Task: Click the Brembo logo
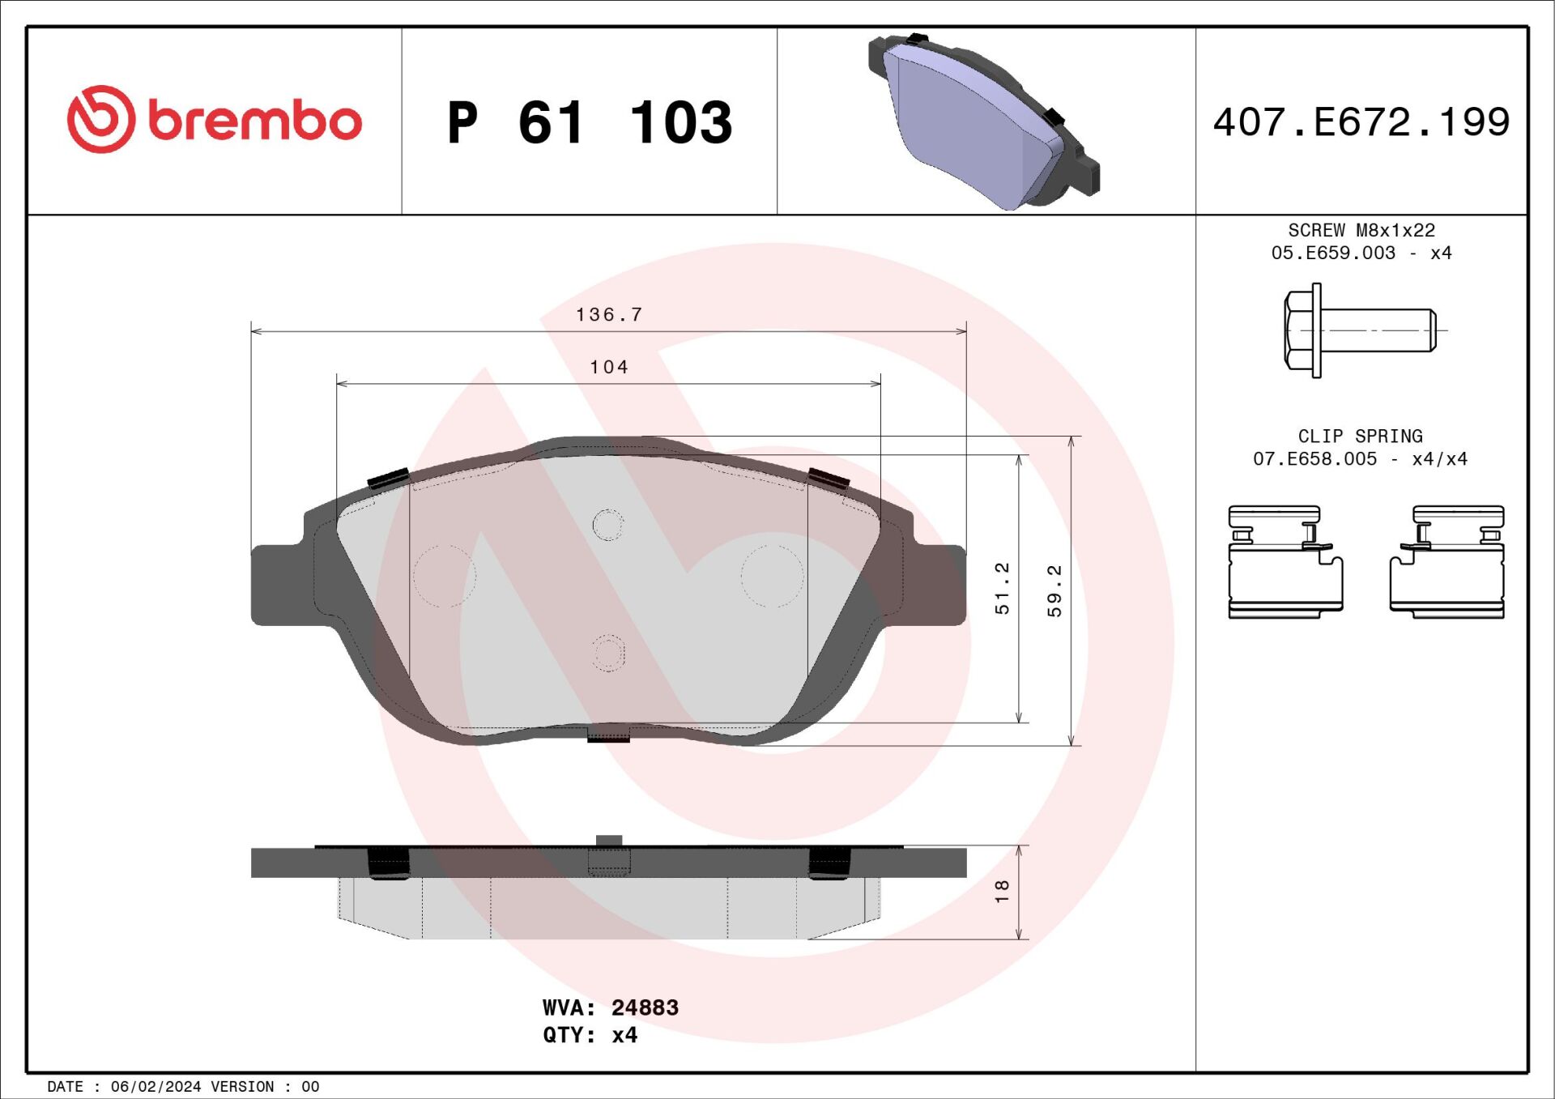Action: coord(214,120)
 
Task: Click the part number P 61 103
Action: coord(589,123)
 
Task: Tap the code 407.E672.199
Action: coord(1361,122)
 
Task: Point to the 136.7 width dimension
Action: coord(609,314)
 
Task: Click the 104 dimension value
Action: coord(609,367)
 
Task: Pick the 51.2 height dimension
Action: coord(1003,588)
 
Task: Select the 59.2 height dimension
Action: coord(1054,590)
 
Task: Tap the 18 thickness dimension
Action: coord(1003,891)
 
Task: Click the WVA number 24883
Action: coord(645,1007)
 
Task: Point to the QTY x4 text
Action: coord(590,1035)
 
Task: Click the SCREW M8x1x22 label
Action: coord(1361,231)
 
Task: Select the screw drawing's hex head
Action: coord(1297,330)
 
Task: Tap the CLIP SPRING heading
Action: coord(1360,437)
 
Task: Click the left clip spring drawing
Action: coord(1284,562)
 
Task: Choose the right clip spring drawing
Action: coord(1447,562)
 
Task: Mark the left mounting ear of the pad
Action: coord(277,585)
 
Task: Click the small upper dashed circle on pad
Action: coord(607,525)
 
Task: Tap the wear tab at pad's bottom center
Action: coord(608,735)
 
